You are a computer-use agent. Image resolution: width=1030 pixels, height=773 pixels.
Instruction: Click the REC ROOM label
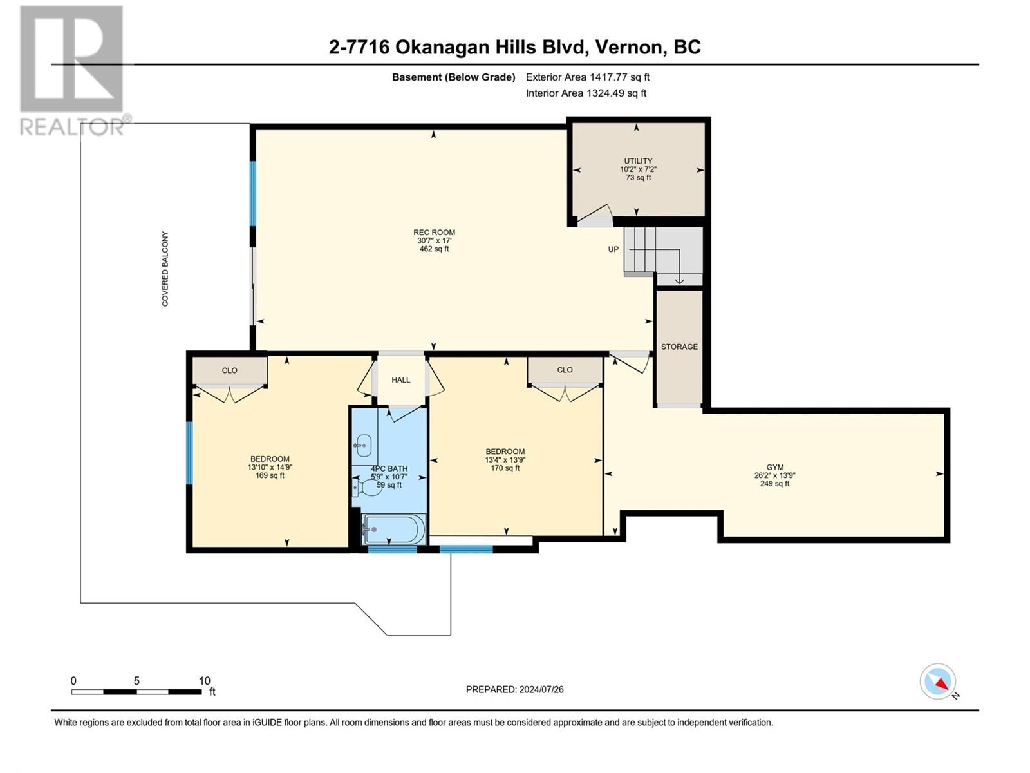(x=434, y=233)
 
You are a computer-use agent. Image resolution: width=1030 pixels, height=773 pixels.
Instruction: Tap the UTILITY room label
(x=638, y=161)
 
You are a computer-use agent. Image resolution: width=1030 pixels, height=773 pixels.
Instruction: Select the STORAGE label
(x=679, y=347)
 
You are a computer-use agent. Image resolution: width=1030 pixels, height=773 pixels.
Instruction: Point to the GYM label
(x=774, y=467)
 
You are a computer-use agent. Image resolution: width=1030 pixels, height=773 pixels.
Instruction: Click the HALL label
(x=401, y=380)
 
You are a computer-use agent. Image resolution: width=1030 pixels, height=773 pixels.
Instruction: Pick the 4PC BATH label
(x=389, y=469)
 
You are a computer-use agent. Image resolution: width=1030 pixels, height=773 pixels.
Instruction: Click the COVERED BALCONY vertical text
(x=165, y=269)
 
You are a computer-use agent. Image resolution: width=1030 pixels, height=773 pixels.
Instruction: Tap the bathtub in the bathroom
(x=394, y=529)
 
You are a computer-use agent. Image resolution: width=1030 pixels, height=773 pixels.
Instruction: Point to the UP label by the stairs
(x=613, y=250)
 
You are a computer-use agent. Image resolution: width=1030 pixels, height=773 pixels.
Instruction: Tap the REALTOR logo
(x=72, y=70)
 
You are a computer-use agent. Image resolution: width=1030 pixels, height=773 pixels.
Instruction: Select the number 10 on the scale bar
(x=204, y=681)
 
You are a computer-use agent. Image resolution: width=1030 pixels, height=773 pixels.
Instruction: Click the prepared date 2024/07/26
(x=541, y=689)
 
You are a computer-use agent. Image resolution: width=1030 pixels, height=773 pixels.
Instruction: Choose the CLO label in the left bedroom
(x=229, y=371)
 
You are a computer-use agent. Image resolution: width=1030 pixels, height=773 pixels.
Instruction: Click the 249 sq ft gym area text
(x=774, y=483)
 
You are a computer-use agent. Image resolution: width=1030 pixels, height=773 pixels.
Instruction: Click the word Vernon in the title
(x=630, y=48)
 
